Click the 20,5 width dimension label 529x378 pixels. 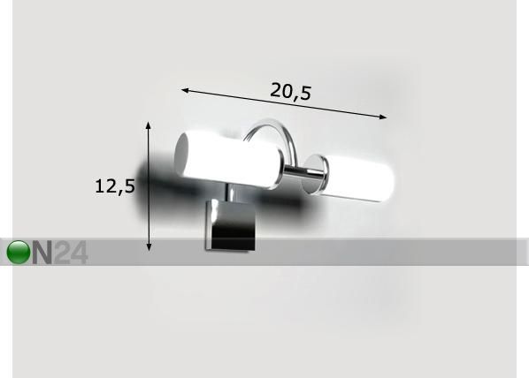point(290,91)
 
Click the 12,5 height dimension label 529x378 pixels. point(115,186)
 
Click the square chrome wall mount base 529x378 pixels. point(231,224)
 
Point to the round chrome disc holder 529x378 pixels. point(314,175)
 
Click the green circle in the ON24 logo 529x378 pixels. point(19,252)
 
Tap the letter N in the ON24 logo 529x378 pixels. point(42,252)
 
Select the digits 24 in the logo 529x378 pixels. point(71,252)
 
